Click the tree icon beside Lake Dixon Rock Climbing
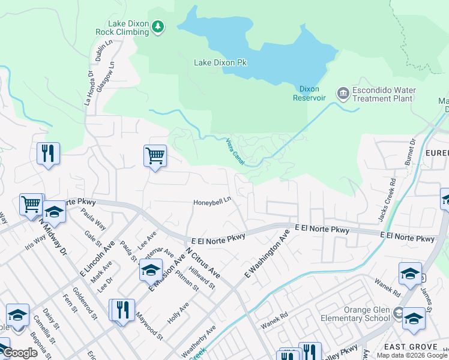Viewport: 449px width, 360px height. pos(157,26)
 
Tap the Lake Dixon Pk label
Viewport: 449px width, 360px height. pos(220,62)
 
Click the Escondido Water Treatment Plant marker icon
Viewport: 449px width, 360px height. pos(343,92)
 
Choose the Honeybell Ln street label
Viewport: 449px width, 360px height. pos(212,202)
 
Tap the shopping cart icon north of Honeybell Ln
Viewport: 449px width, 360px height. pos(155,157)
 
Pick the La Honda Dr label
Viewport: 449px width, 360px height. pos(89,89)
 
